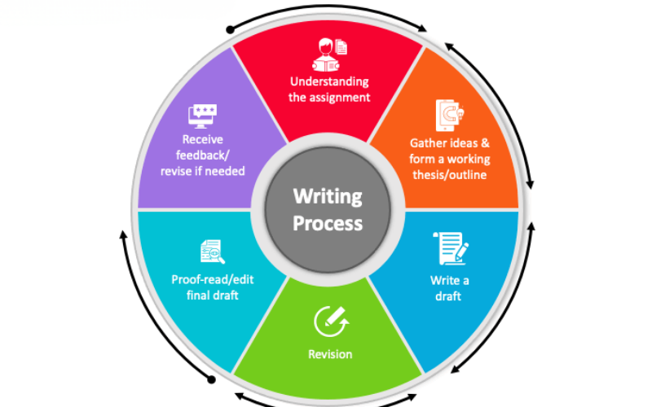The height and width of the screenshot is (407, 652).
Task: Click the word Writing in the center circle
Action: [328, 197]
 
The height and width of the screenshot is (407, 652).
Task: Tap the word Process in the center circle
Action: [328, 223]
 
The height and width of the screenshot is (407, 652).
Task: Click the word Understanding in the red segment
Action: [329, 82]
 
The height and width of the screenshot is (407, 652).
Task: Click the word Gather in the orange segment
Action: [430, 143]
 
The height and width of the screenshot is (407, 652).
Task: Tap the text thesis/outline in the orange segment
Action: [450, 175]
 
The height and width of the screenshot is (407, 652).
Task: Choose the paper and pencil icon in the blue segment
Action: [451, 248]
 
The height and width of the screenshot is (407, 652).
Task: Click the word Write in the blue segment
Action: [444, 281]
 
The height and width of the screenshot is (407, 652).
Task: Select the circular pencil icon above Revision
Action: [331, 322]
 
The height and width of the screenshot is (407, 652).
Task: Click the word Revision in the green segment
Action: [330, 354]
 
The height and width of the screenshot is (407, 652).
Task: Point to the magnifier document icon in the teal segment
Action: [213, 252]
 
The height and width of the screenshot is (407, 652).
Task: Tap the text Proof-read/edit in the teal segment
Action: [213, 279]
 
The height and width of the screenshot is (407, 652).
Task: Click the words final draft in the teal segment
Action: [213, 295]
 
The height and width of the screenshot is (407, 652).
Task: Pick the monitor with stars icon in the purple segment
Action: [202, 116]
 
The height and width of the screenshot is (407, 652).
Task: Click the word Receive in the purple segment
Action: [202, 139]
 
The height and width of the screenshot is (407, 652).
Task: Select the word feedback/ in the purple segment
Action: [202, 155]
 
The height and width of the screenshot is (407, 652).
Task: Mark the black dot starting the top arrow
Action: [230, 30]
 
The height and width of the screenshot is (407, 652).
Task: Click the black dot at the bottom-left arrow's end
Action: [212, 379]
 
